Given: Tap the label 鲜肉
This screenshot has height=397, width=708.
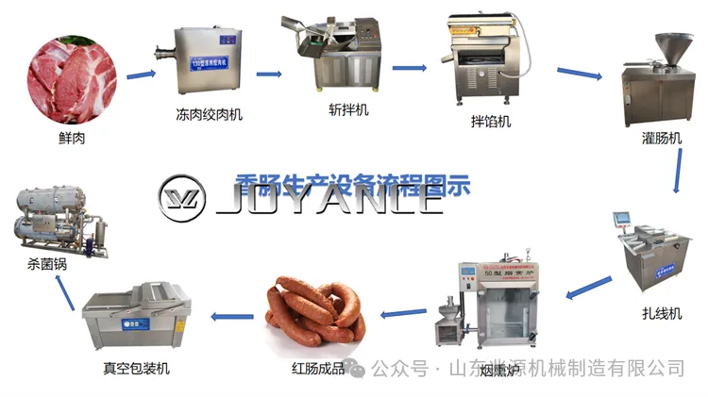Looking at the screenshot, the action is tap(73, 140).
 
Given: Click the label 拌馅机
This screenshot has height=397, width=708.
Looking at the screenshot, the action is tap(491, 122).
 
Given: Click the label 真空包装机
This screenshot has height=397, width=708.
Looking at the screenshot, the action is tap(137, 368).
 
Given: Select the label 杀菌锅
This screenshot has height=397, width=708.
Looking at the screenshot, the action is tap(47, 266).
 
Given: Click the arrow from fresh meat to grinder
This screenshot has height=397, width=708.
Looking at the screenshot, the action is tap(142, 74).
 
